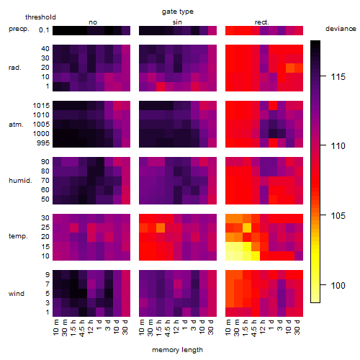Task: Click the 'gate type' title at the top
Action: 178,12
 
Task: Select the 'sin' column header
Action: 177,22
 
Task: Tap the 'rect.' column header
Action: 261,22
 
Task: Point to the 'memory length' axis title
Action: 177,350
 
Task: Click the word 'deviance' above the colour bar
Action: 341,29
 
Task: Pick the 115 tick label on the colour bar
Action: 338,77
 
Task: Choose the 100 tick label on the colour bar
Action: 338,285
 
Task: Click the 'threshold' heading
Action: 40,17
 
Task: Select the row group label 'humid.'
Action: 20,181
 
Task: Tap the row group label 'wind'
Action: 17,294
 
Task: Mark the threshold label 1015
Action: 41,105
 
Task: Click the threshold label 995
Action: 43,143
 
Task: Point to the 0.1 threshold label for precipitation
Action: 44,30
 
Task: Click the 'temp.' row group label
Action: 18,236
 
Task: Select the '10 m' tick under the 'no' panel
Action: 56,327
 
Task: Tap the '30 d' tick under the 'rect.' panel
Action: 297,327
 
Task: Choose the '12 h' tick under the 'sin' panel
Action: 176,327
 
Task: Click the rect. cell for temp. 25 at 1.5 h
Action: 247,228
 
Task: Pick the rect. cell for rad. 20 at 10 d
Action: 290,68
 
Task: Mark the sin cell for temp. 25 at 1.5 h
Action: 161,228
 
